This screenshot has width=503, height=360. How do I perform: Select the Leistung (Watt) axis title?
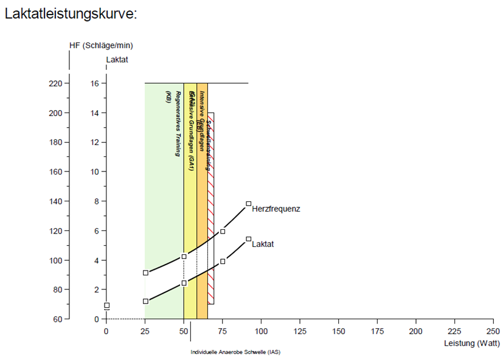(x=471, y=344)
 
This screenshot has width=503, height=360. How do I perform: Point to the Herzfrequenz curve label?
(x=276, y=209)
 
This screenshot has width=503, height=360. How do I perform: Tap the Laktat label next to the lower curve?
(x=263, y=244)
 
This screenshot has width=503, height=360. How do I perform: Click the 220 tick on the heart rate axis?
(x=55, y=83)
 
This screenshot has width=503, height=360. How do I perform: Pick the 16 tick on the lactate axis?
(x=95, y=83)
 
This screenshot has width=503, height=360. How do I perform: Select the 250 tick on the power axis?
(x=493, y=331)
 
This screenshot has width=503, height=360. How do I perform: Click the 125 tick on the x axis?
(x=299, y=331)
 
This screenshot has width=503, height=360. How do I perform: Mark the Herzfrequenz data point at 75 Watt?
(x=223, y=231)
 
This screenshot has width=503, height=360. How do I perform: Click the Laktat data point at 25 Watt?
(x=145, y=301)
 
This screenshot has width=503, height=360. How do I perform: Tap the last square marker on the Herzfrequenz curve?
(x=248, y=204)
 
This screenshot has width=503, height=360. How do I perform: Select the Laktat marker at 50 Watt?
(x=184, y=283)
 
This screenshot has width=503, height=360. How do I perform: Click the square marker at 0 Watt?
(x=106, y=305)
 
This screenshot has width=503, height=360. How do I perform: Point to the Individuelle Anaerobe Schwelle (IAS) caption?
(x=235, y=352)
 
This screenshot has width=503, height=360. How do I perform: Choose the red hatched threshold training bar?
(x=210, y=207)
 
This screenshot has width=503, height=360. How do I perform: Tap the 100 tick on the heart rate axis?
(x=55, y=260)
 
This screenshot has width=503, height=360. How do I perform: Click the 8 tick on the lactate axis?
(x=95, y=201)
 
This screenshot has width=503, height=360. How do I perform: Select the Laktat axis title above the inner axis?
(x=117, y=60)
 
